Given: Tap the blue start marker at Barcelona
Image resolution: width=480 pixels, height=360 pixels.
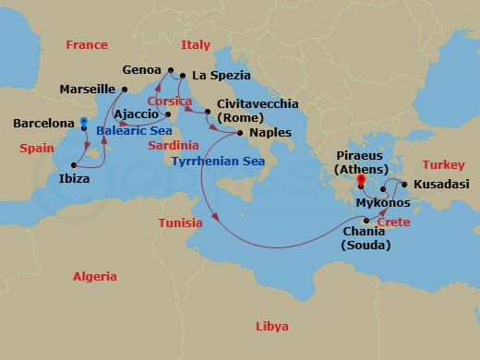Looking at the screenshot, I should (83, 122).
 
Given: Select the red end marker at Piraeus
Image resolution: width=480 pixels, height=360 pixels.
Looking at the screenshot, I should (360, 181).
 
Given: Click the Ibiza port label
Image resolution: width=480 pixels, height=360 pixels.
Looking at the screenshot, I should (73, 178).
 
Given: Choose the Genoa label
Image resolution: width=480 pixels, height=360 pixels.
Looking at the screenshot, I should (141, 69).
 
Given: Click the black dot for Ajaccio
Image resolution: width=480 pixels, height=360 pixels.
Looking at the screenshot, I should (167, 114).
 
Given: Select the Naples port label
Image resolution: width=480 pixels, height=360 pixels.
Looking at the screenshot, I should (270, 132).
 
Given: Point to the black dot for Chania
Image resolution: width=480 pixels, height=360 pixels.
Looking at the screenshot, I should (366, 220).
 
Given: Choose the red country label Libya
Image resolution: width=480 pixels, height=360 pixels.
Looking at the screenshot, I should (271, 327).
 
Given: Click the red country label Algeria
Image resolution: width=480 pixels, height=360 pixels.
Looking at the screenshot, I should (96, 276).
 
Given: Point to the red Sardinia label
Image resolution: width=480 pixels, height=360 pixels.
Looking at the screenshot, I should (174, 145).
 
